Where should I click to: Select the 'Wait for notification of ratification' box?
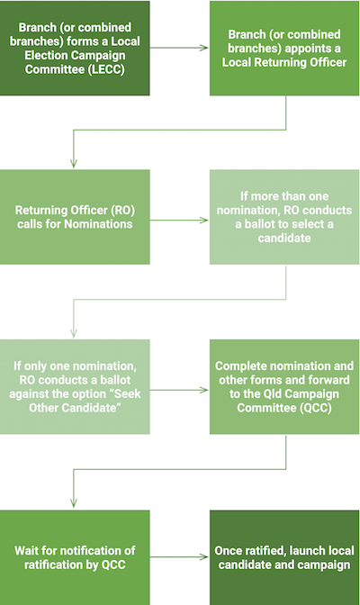click(x=75, y=556)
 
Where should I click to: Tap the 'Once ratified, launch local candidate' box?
click(x=284, y=556)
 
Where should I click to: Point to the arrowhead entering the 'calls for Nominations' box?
click(x=75, y=163)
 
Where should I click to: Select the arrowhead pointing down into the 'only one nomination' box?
click(x=75, y=332)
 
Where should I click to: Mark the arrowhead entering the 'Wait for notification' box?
click(x=75, y=503)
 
